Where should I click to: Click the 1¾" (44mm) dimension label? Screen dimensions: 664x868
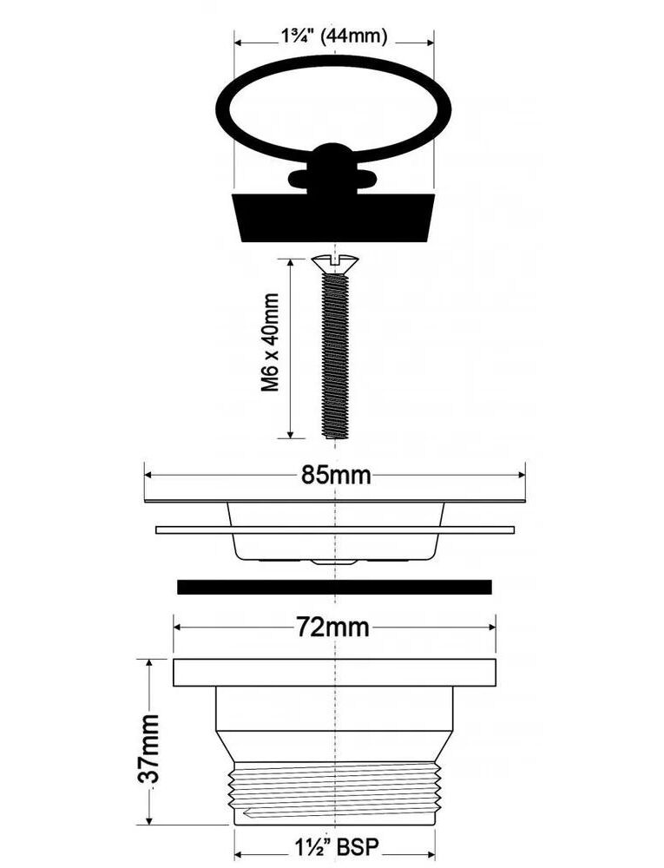[334, 36]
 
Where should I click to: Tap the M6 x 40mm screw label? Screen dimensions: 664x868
[271, 343]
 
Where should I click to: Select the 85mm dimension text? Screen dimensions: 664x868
[336, 475]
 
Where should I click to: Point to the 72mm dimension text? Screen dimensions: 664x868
[332, 628]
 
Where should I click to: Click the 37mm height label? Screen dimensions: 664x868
[148, 748]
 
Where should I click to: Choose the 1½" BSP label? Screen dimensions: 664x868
[336, 846]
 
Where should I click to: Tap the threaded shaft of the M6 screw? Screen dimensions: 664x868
[335, 355]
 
